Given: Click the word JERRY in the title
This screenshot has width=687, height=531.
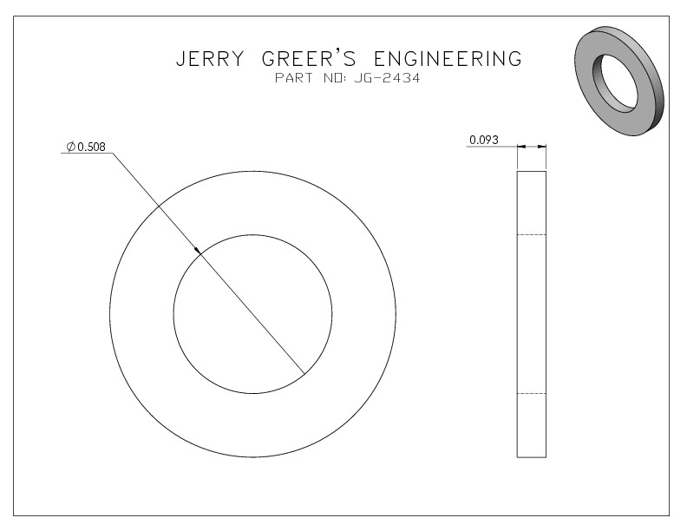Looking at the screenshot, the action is click(210, 59).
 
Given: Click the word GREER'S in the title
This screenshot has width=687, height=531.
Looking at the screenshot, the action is click(309, 58).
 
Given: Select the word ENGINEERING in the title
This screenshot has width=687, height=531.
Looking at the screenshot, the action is click(448, 59).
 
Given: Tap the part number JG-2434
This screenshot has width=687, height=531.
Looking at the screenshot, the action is click(387, 78).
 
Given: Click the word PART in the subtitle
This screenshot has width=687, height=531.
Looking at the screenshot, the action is click(294, 78).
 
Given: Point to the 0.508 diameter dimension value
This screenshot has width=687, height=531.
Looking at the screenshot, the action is click(92, 147).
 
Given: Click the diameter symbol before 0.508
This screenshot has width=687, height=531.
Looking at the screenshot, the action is click(71, 147).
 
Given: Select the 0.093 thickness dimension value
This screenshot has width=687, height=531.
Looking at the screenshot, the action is click(484, 140).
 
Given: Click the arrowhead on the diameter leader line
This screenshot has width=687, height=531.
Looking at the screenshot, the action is click(198, 250).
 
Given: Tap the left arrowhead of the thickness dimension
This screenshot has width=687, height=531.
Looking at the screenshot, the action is click(521, 147).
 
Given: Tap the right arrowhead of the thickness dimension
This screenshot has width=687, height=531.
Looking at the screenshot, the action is click(542, 147).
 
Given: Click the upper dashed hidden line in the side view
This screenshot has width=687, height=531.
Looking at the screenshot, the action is click(532, 235).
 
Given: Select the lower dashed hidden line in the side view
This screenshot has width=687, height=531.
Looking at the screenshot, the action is click(532, 393).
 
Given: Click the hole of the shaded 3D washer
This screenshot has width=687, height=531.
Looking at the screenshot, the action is click(616, 83).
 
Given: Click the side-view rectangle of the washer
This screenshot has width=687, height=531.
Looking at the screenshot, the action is click(518, 314).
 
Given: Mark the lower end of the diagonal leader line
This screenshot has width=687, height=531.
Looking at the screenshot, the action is click(304, 374).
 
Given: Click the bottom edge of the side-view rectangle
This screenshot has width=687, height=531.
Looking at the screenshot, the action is click(532, 457).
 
